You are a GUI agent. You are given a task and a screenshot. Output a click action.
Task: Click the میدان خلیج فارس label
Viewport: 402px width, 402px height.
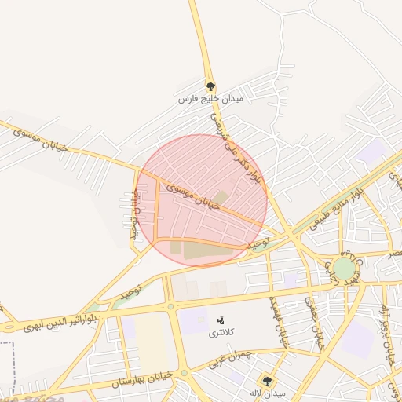click(210, 100)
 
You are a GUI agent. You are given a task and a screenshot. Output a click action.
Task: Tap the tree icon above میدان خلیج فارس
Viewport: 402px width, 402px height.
click(210, 86)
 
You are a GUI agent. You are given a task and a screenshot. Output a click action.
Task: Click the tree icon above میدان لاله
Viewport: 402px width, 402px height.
click(268, 381)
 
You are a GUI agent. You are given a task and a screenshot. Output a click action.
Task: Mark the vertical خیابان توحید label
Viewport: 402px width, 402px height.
click(134, 216)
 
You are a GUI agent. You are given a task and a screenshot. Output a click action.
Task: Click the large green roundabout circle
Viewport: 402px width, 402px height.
click(343, 269)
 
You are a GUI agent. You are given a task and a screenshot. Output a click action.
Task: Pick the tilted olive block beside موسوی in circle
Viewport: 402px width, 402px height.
click(222, 198)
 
